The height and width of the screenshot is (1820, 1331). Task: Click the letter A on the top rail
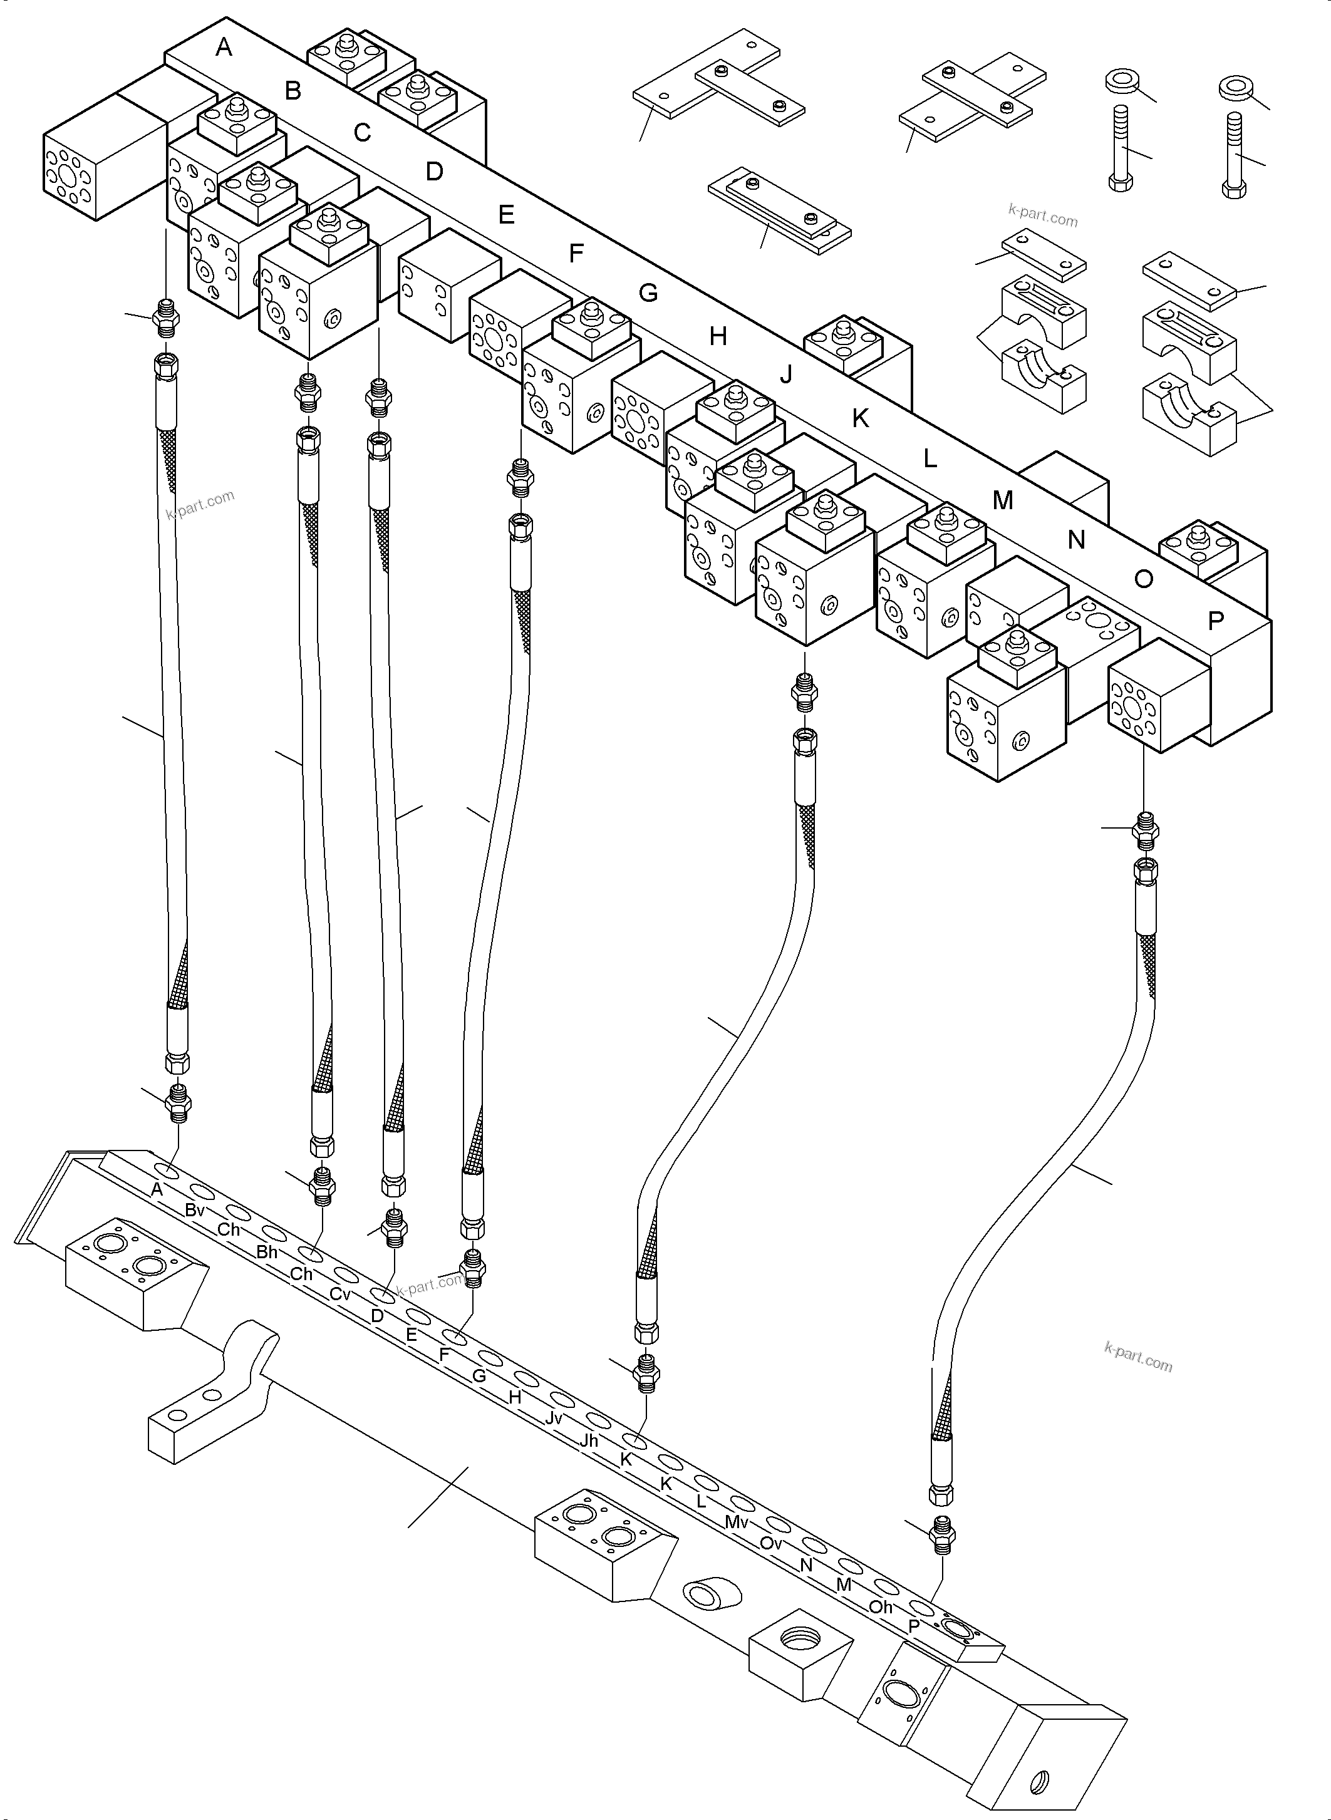click(x=224, y=48)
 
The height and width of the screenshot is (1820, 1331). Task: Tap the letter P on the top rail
click(x=1216, y=621)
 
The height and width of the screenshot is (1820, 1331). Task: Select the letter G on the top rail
click(x=648, y=292)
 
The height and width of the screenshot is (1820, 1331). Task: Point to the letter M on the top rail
click(x=1002, y=500)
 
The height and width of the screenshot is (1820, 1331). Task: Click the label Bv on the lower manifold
click(x=195, y=1209)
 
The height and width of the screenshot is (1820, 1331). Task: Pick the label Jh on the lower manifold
click(x=589, y=1440)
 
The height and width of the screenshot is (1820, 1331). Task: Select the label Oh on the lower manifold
click(x=881, y=1606)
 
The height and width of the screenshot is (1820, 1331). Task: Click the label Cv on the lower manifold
click(x=340, y=1294)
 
